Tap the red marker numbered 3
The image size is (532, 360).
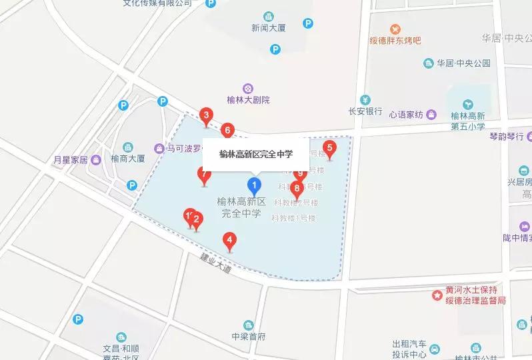coord(207,117)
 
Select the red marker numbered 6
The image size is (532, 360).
coord(228,130)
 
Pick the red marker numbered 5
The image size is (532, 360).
coord(329,148)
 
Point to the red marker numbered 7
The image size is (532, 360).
coord(205,175)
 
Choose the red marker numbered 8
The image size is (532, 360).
coord(297,188)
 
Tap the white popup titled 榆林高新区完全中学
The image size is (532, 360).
coord(255,154)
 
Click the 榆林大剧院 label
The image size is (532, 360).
coord(248,100)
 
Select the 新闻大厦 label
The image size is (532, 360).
coord(269,28)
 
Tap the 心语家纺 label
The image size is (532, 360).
coord(406,115)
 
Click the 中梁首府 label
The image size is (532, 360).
coord(249,336)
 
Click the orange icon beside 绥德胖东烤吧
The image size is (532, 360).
coord(395,29)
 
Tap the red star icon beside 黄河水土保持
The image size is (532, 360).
coord(437,293)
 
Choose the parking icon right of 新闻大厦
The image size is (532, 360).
coord(307,23)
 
